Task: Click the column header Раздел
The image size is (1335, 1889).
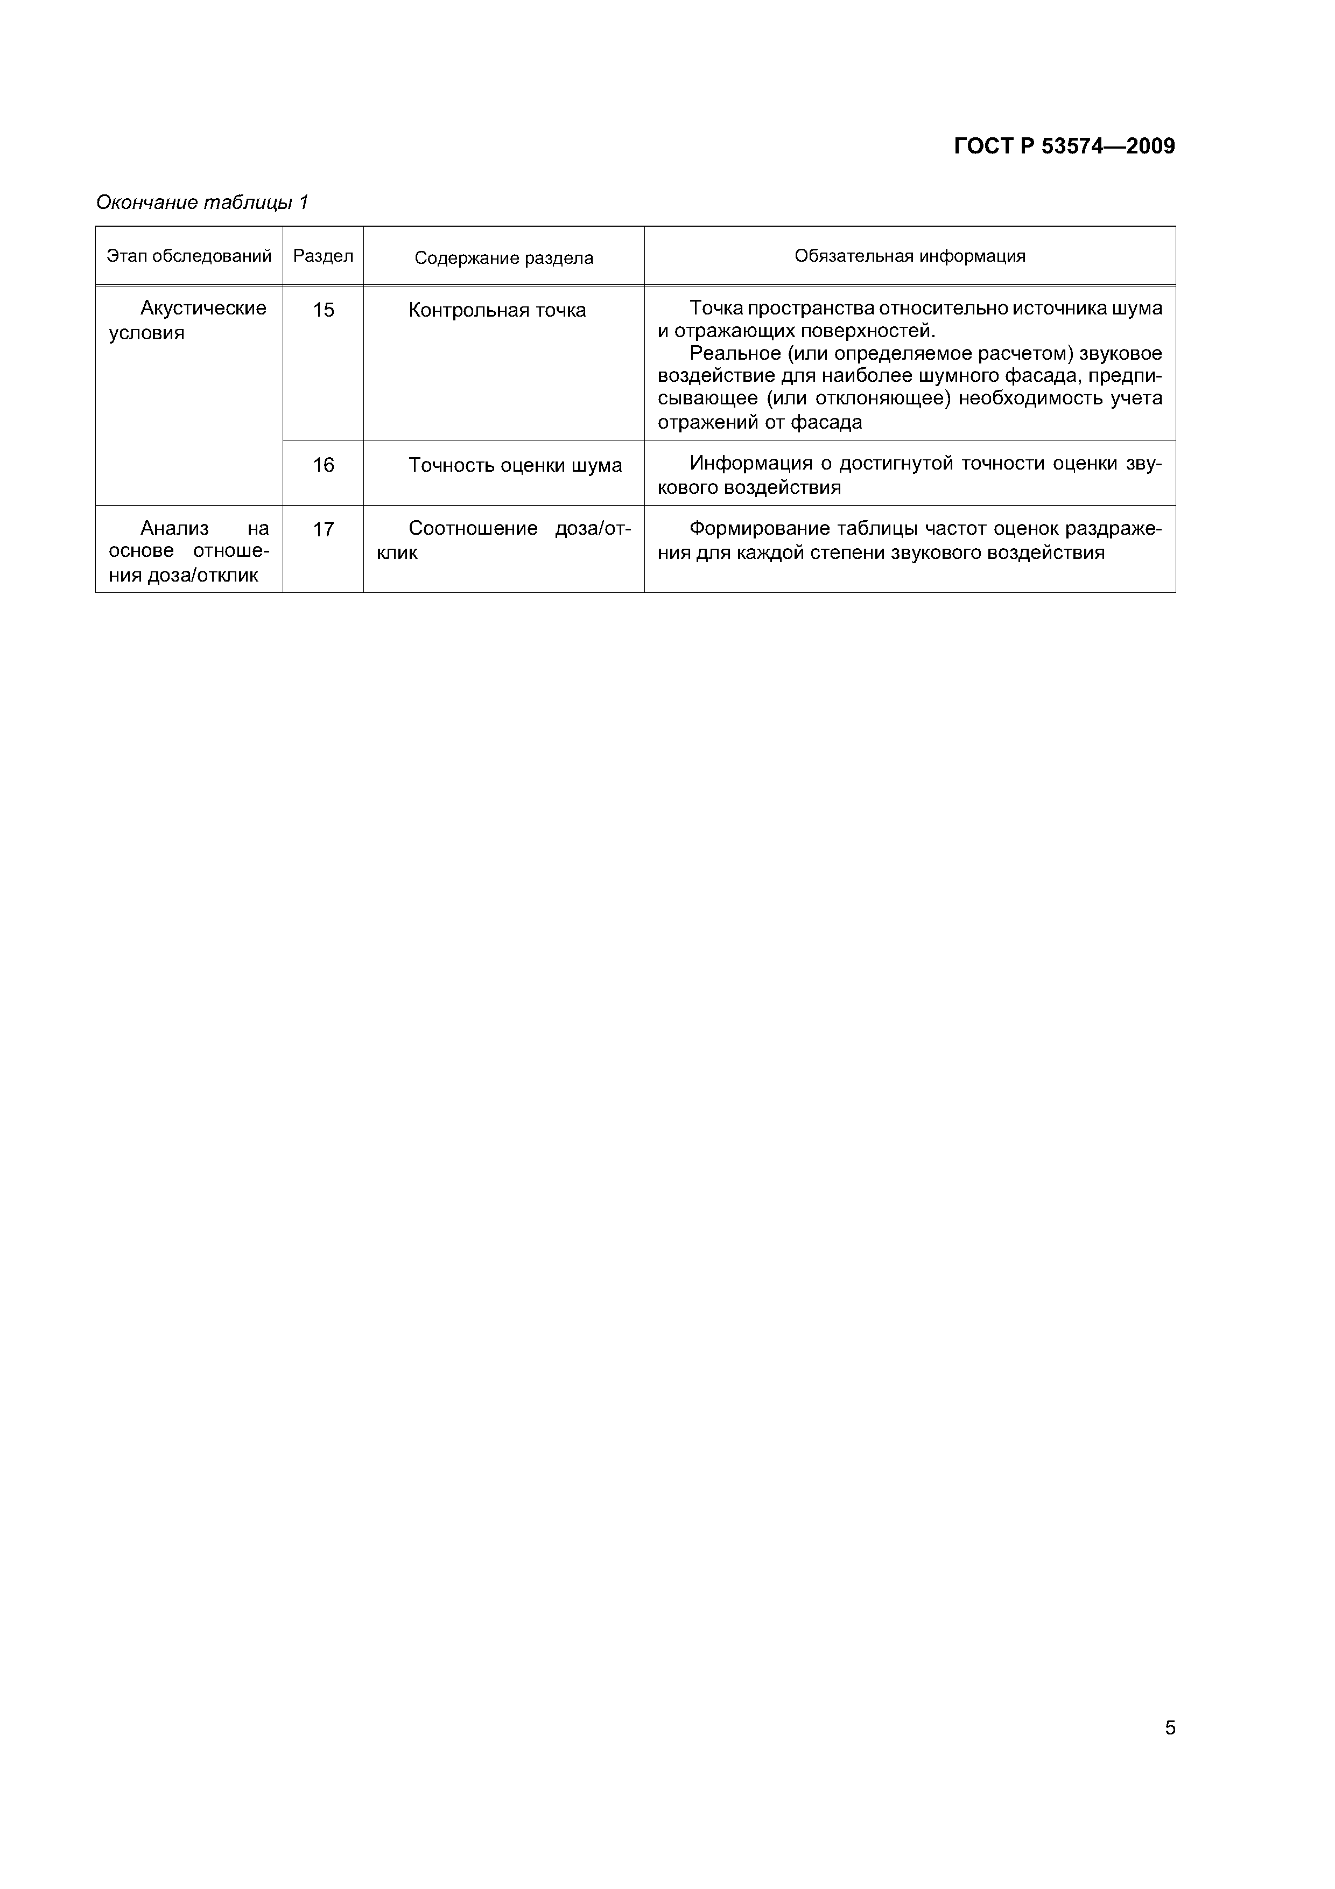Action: (x=324, y=256)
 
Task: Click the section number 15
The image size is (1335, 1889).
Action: (x=324, y=310)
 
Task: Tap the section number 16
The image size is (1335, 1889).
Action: (x=324, y=466)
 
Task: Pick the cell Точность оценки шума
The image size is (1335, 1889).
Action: (x=515, y=466)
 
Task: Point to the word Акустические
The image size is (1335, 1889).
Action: (x=203, y=309)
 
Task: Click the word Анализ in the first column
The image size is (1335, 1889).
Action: (x=174, y=528)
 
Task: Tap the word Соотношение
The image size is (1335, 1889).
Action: (x=473, y=528)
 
